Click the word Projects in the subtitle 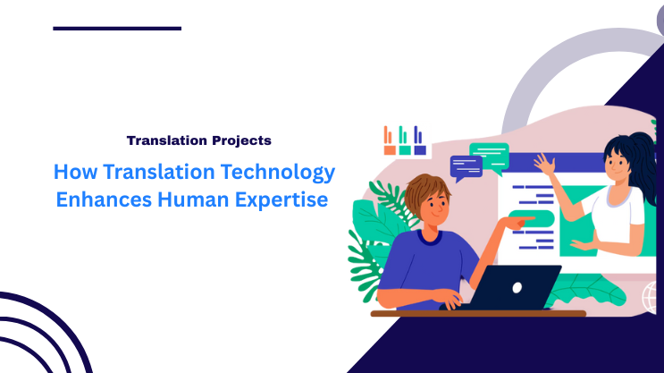pos(240,140)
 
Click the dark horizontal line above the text pos(117,29)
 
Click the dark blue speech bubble pos(466,165)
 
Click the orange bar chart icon pos(389,140)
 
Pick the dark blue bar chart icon pos(419,140)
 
